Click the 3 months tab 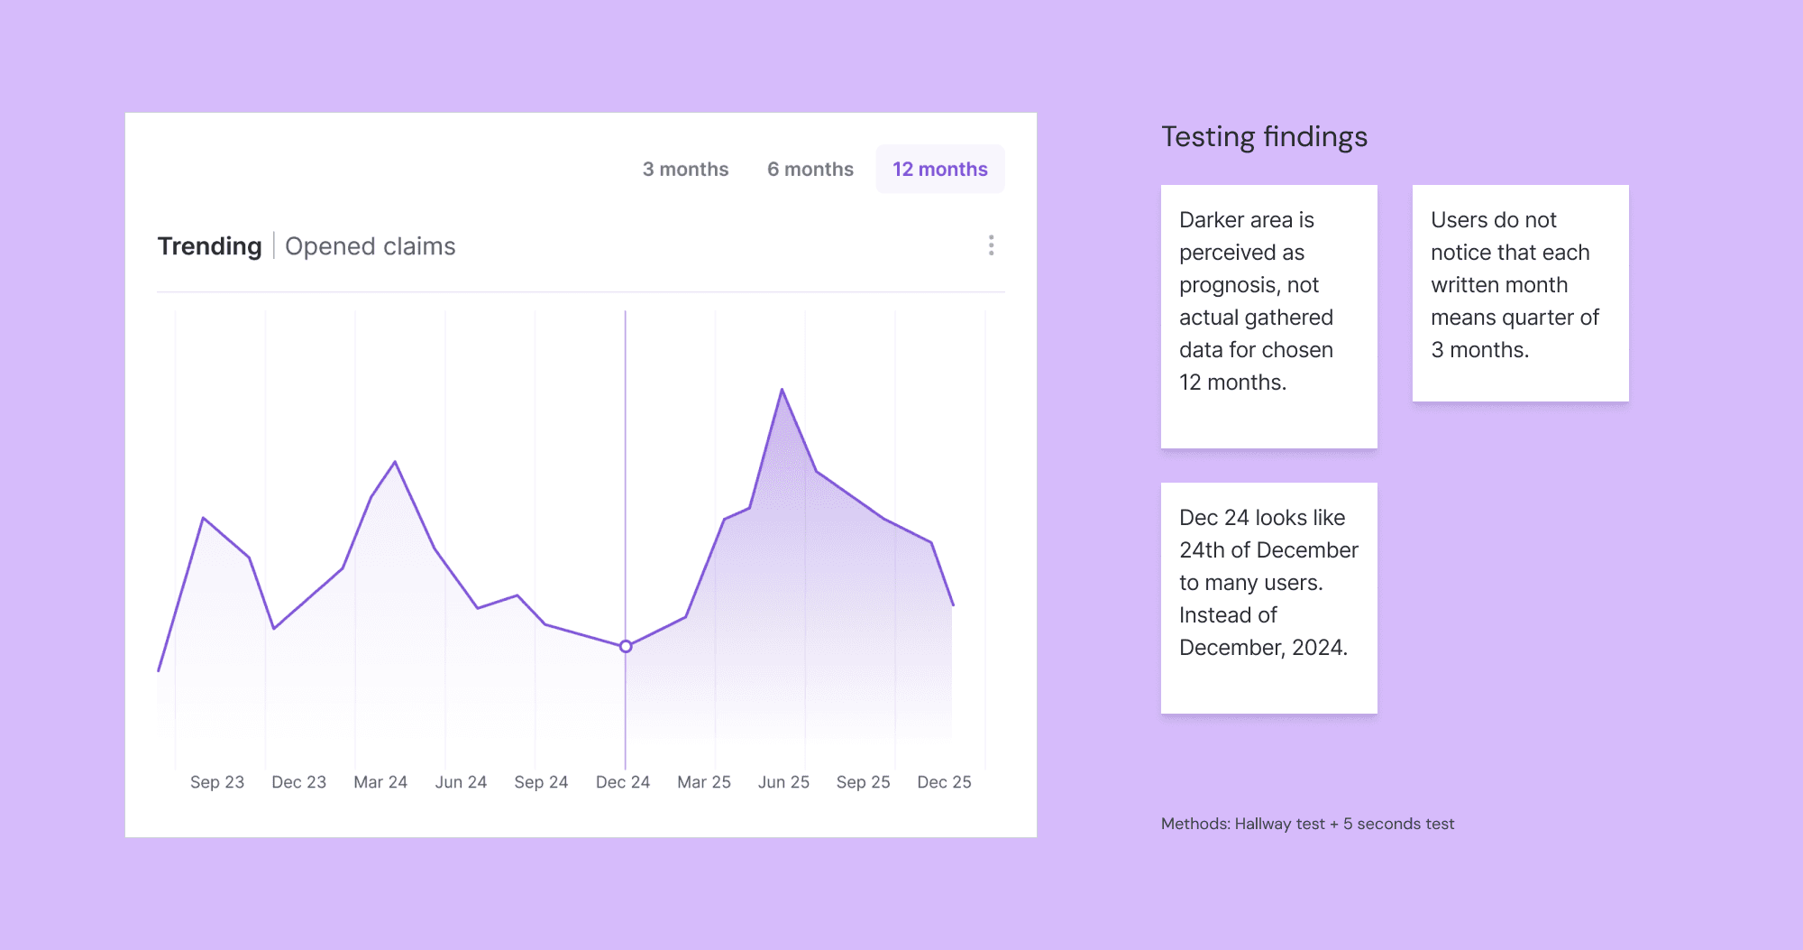(x=685, y=170)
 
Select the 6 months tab (x=810, y=170)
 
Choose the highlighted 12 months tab (x=939, y=170)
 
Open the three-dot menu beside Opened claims (x=991, y=245)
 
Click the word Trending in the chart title (x=209, y=246)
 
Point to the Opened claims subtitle (x=370, y=246)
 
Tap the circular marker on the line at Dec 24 (x=626, y=646)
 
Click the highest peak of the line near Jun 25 (x=782, y=390)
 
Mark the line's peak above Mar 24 (x=395, y=463)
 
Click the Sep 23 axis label (x=217, y=782)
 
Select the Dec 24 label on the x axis (x=622, y=782)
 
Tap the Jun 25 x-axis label (x=783, y=782)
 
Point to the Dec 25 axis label (x=944, y=782)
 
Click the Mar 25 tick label (x=703, y=782)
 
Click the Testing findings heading (x=1264, y=137)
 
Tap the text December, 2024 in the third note (x=1263, y=648)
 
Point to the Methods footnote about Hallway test (x=1307, y=824)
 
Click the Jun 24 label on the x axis (x=461, y=782)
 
